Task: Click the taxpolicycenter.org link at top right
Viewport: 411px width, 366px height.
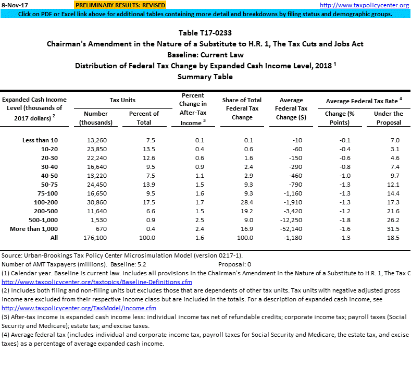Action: [x=371, y=5]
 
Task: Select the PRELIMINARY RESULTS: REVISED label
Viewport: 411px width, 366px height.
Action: [x=120, y=5]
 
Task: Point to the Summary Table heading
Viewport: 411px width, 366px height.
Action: [x=205, y=77]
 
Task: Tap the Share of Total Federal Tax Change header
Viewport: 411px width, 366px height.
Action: [x=242, y=108]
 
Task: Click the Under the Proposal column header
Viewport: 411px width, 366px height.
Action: [x=388, y=118]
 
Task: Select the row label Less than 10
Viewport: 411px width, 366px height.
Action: [x=40, y=140]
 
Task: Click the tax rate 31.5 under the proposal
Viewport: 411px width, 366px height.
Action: [x=394, y=229]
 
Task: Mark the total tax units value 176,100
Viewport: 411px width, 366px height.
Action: [x=94, y=238]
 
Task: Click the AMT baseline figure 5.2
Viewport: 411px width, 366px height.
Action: [x=142, y=264]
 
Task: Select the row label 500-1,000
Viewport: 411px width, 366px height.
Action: [x=41, y=220]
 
